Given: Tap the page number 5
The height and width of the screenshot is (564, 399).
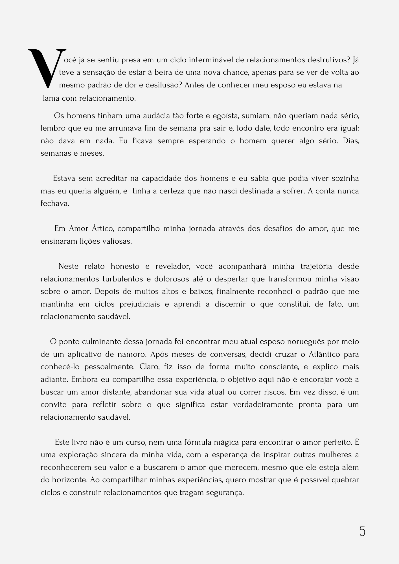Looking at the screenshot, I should point(362,532).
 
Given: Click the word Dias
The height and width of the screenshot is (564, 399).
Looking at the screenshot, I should point(351,141).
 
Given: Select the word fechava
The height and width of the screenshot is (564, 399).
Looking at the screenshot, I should point(55,204).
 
